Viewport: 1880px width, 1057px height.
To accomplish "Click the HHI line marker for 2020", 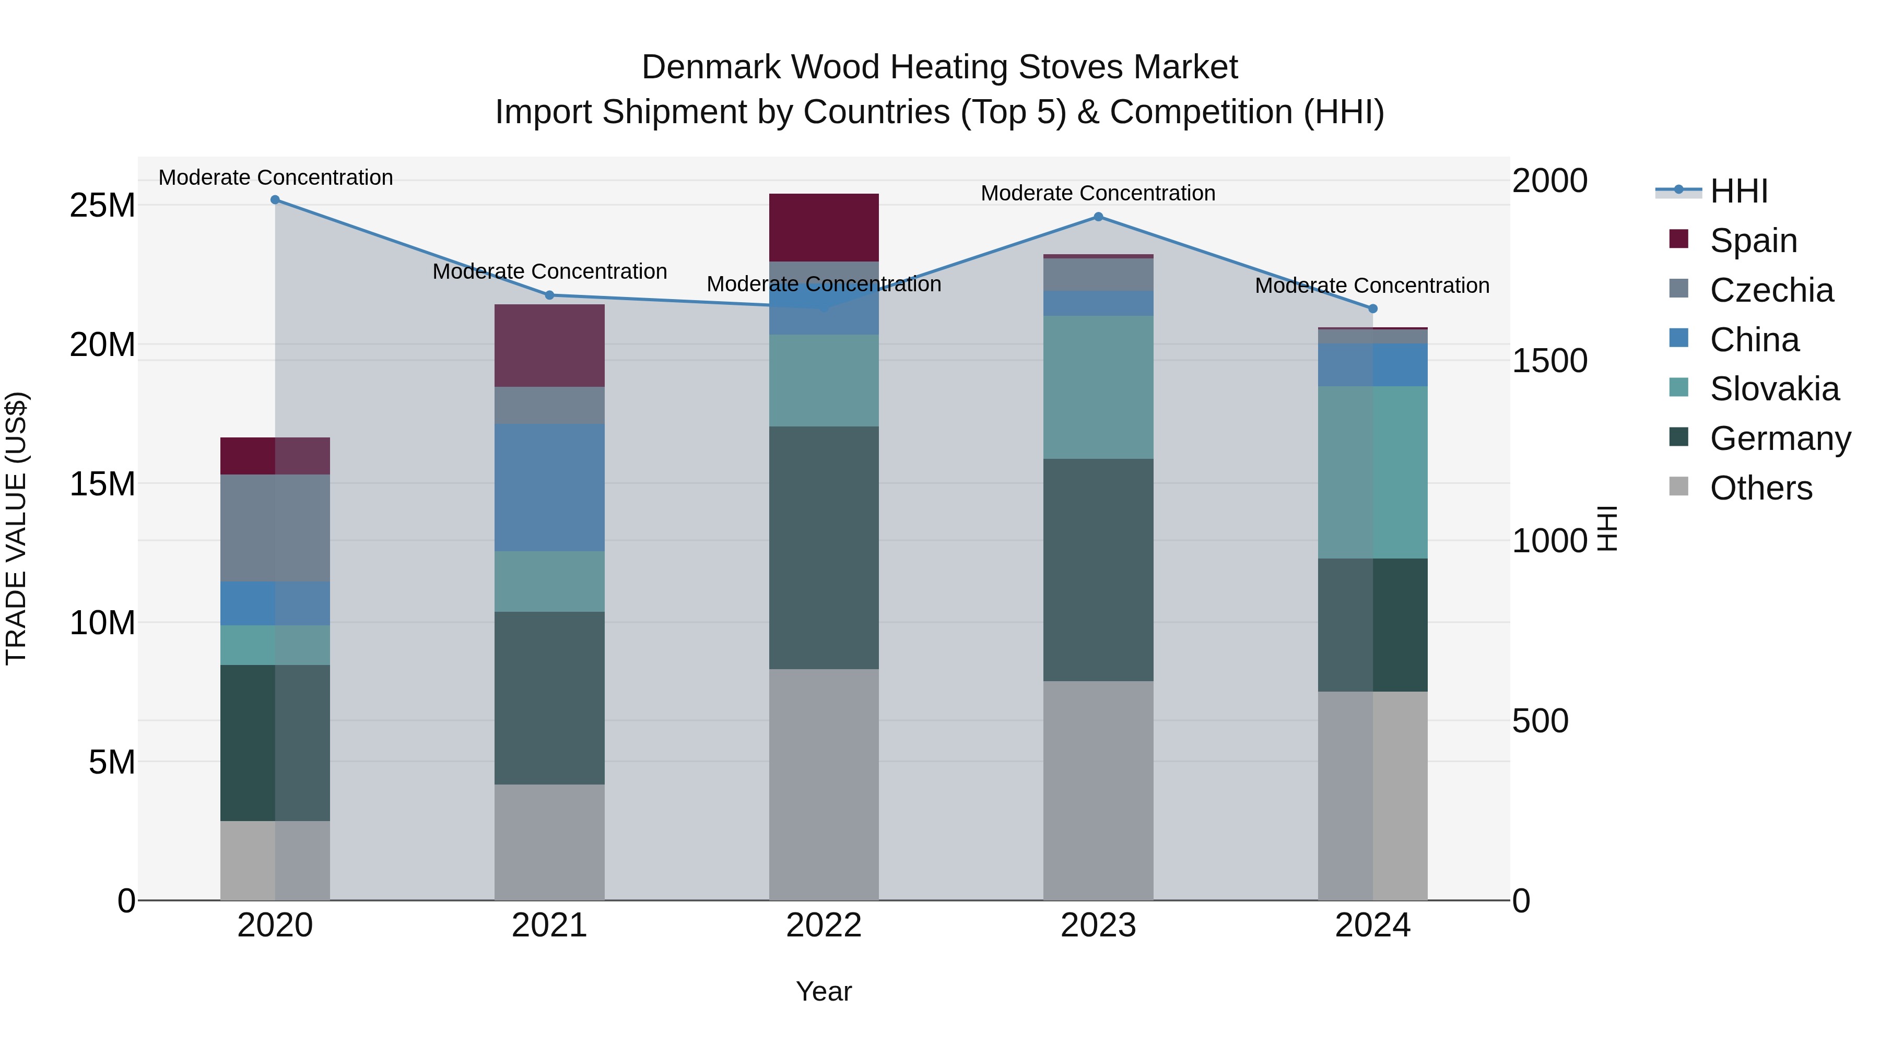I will pos(275,200).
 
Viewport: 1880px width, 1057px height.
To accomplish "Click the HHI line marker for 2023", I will pos(1098,217).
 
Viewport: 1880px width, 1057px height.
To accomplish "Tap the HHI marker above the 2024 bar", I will pos(1373,308).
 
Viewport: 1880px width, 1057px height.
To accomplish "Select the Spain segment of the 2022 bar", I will pos(824,228).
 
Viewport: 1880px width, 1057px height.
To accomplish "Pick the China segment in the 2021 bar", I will pos(549,488).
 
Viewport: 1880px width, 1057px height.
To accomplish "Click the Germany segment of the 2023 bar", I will pos(1098,569).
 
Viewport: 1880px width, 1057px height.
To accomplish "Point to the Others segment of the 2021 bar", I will pos(549,842).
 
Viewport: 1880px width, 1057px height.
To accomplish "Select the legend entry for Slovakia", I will pos(1773,389).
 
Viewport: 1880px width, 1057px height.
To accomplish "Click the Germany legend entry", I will pos(1779,438).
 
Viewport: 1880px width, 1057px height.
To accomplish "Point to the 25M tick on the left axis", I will pos(102,206).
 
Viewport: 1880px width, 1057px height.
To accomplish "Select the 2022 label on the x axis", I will pos(824,925).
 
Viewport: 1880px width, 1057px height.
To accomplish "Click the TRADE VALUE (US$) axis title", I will pos(16,528).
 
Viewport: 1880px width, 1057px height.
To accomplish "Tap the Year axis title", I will pos(824,991).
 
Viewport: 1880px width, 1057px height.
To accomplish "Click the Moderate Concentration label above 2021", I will pos(549,271).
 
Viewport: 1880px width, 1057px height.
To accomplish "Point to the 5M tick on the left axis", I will pos(112,762).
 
